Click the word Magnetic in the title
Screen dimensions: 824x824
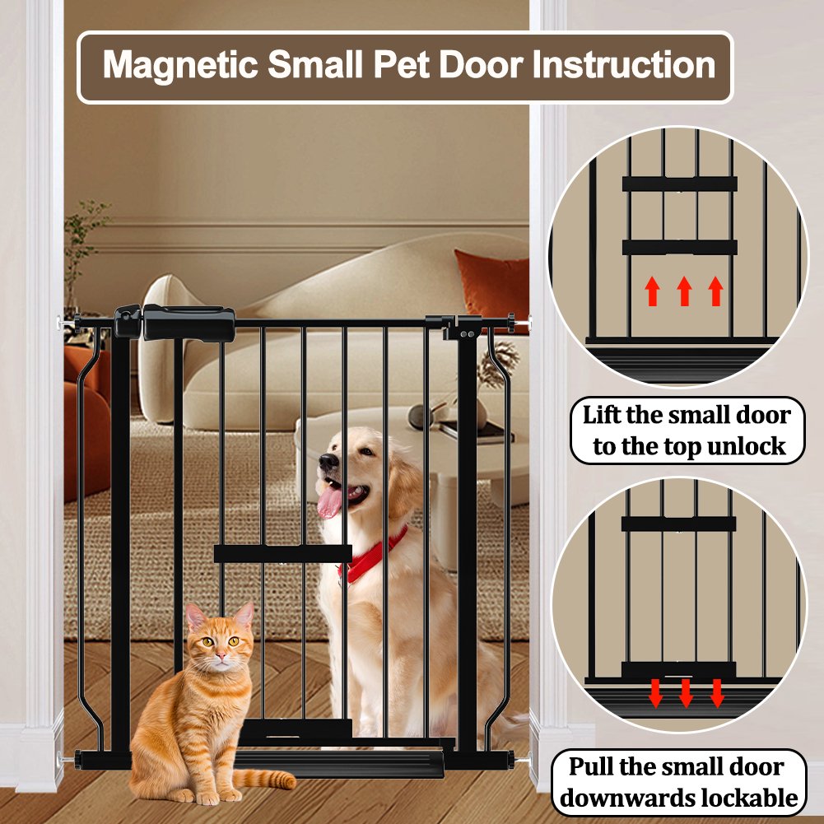[179, 65]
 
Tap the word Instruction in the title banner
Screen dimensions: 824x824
[624, 65]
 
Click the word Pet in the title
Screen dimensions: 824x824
[402, 65]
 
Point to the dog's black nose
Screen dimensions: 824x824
[328, 461]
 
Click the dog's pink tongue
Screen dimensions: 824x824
[330, 501]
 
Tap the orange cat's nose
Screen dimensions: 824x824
[221, 656]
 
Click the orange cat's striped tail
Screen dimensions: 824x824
[264, 779]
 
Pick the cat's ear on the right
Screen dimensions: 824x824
[244, 616]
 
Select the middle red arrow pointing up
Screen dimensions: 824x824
[684, 291]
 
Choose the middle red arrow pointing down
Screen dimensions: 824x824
[685, 693]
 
